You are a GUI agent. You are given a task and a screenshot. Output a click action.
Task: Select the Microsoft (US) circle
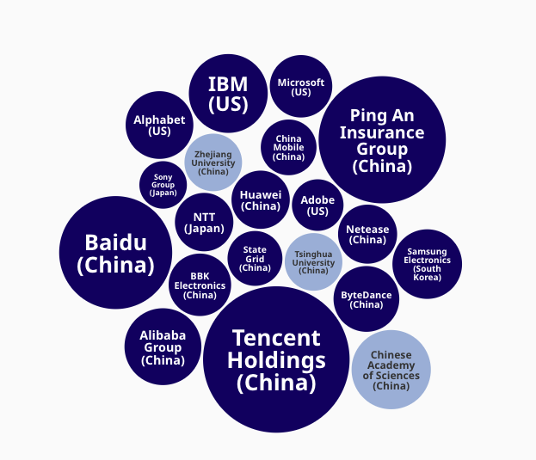click(x=301, y=86)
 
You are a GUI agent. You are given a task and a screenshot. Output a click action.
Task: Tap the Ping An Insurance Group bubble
click(x=382, y=139)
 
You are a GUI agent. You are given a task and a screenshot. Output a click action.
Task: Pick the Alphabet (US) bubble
click(x=159, y=125)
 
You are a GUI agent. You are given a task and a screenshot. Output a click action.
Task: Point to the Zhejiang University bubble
click(x=213, y=162)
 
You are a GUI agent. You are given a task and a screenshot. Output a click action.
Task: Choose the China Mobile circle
click(x=288, y=147)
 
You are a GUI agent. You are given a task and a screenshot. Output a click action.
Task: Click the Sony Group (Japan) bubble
click(x=163, y=185)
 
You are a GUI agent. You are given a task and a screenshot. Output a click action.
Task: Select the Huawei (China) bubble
click(x=261, y=199)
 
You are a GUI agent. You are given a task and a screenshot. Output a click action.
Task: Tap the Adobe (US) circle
click(x=317, y=205)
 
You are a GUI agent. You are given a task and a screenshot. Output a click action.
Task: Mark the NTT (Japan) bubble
click(x=204, y=222)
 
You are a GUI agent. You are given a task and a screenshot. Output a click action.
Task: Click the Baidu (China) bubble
click(x=115, y=253)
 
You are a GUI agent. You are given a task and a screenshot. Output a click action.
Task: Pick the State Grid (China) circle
click(x=255, y=258)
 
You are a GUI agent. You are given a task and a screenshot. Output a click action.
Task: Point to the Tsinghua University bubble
click(x=313, y=261)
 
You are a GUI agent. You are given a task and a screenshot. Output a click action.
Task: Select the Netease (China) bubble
click(x=368, y=234)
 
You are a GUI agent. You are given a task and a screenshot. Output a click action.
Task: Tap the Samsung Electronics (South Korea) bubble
click(x=427, y=264)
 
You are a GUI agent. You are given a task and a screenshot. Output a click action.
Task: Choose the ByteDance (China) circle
click(x=367, y=299)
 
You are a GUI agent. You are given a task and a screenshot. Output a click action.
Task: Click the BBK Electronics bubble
click(x=200, y=285)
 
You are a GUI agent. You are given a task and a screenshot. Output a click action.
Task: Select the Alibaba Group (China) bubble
click(x=163, y=347)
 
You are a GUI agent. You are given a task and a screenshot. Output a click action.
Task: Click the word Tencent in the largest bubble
click(x=275, y=338)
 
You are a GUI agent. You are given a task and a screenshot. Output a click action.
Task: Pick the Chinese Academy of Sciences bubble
click(x=391, y=370)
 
